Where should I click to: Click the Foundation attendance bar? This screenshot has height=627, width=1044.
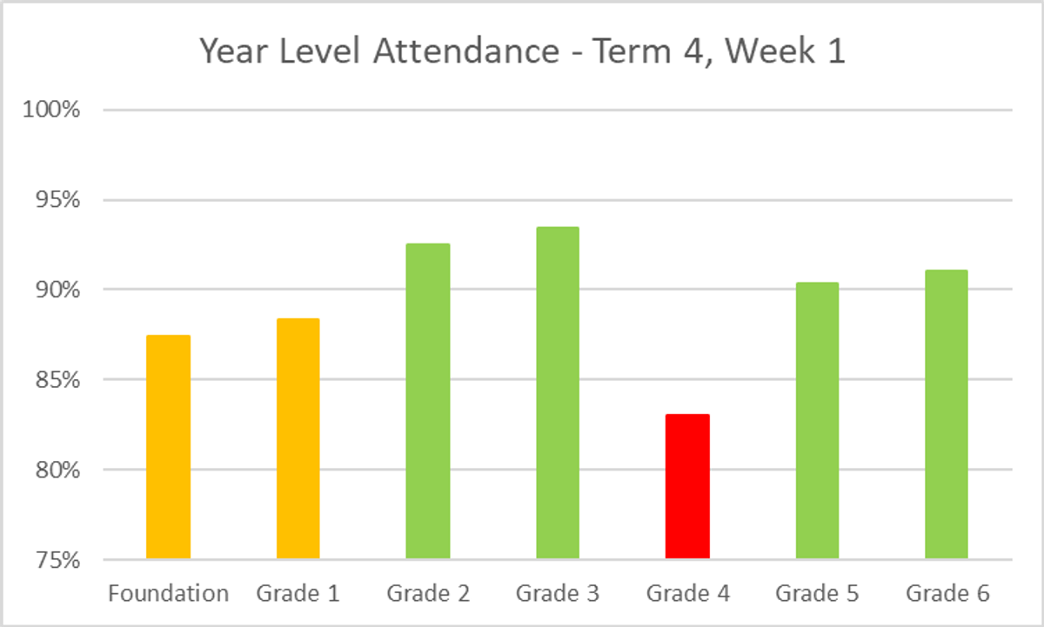168,447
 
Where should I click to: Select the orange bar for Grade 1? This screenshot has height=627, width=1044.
298,438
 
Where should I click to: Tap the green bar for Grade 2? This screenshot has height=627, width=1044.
428,401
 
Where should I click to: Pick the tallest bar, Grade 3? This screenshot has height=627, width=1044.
558,392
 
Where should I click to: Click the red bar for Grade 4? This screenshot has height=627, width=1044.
687,486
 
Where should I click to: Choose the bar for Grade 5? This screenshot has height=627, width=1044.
817,420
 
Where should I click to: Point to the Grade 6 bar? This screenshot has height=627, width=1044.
947,414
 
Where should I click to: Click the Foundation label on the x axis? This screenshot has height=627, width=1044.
168,594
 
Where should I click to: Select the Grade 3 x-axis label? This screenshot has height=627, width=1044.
558,594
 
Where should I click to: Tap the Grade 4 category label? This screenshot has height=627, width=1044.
687,594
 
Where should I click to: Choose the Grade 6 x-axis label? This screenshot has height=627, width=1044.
947,594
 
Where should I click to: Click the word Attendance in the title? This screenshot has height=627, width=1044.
467,52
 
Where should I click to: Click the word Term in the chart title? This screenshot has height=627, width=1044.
631,52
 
